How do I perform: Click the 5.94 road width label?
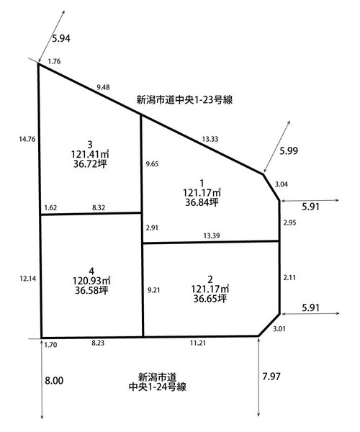point(61,39)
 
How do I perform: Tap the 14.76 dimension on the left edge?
point(27,139)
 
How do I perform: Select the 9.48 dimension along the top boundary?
point(103,87)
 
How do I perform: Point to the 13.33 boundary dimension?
point(210,139)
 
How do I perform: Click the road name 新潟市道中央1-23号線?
point(184,100)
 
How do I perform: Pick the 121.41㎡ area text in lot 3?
point(90,154)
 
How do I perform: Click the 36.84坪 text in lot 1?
point(202,202)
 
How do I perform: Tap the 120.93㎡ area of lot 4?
point(91,281)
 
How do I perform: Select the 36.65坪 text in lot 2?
point(210,299)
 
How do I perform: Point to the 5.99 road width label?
point(289,151)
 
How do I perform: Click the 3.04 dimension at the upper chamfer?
point(282,184)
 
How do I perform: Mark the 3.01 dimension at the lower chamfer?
point(279,329)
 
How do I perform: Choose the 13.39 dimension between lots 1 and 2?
point(212,236)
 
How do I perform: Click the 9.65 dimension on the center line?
point(153,164)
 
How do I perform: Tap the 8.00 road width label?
point(54,381)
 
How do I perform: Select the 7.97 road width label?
point(271,377)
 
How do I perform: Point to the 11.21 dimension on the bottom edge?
point(198,343)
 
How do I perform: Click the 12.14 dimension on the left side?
point(28,279)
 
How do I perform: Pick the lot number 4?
point(91,271)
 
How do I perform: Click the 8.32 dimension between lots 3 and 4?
point(99,208)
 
